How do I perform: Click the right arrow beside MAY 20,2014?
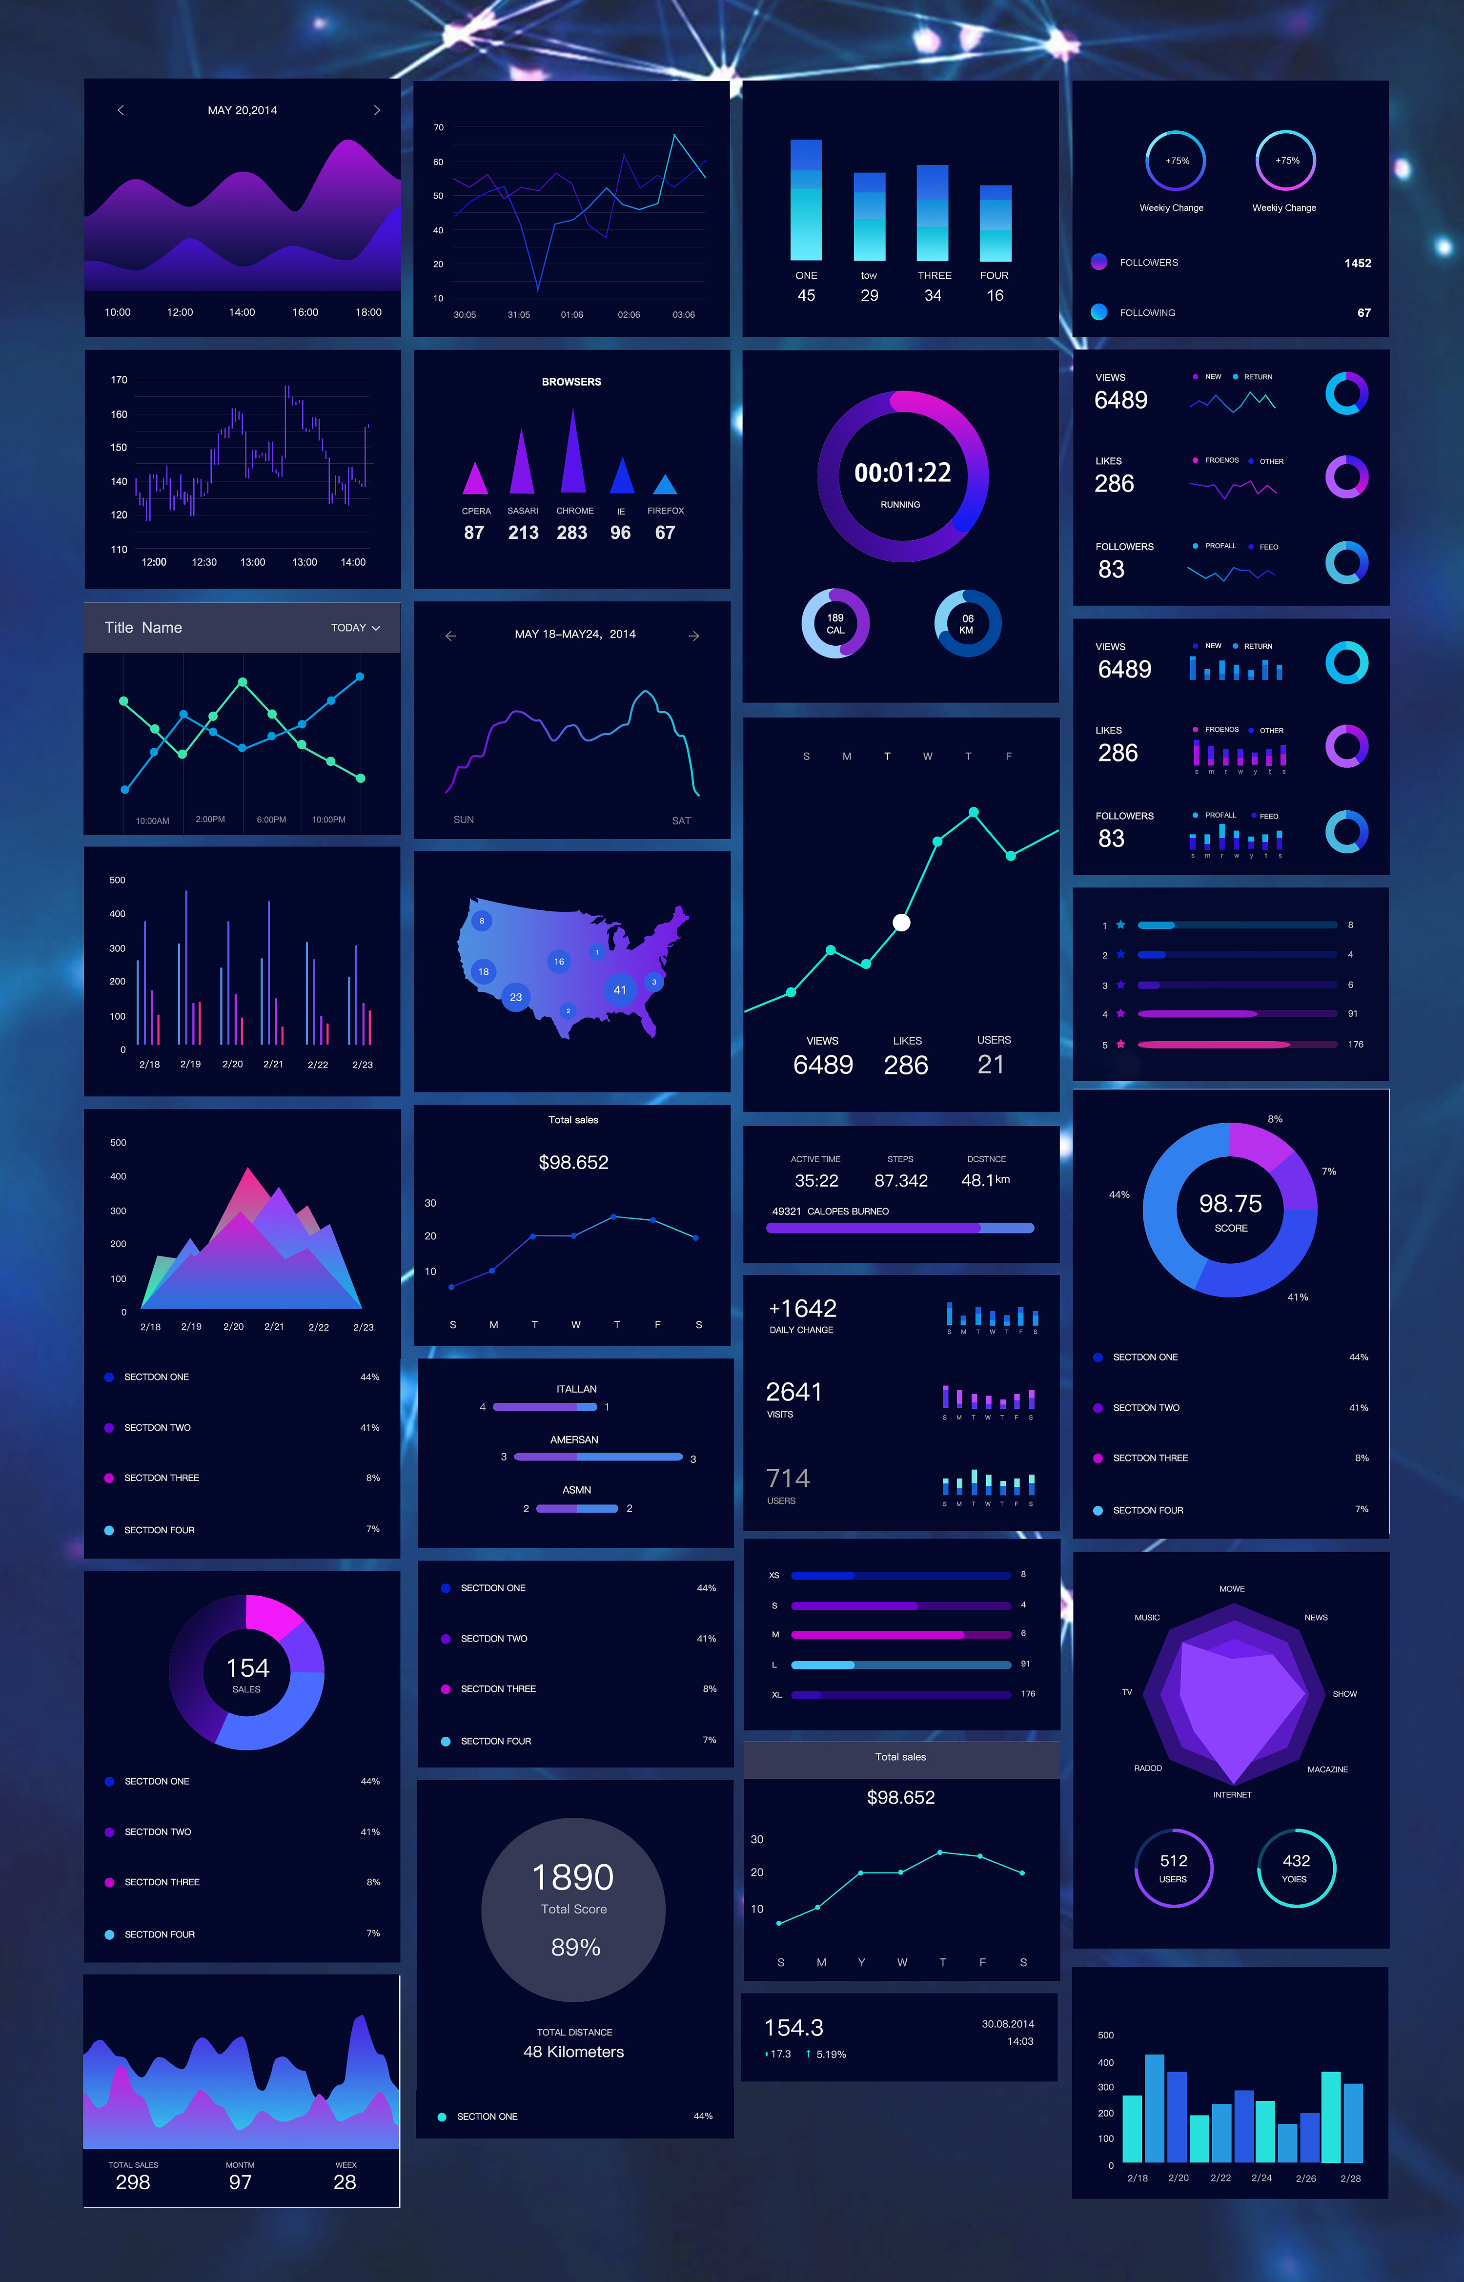tap(377, 110)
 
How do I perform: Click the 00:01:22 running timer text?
tap(902, 473)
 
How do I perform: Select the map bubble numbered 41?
tap(620, 990)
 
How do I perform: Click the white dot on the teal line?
tap(901, 922)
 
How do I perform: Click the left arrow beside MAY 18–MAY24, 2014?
tap(450, 635)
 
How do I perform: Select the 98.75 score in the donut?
tap(1230, 1204)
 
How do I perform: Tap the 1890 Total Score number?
tap(573, 1877)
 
